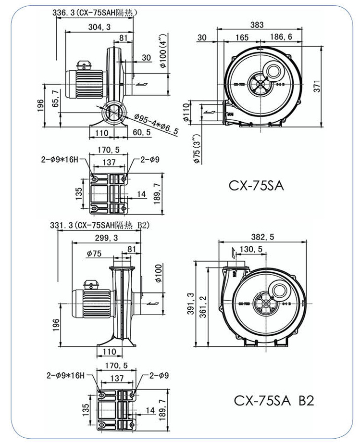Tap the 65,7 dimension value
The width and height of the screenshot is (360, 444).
pyautogui.click(x=55, y=98)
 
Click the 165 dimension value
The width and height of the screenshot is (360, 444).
pyautogui.click(x=242, y=37)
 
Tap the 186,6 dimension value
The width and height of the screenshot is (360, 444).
pyautogui.click(x=281, y=37)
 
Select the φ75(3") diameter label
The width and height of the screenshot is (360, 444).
pyautogui.click(x=197, y=149)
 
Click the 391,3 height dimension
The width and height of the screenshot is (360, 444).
pyautogui.click(x=189, y=303)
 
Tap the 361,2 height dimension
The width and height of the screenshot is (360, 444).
pyautogui.click(x=202, y=304)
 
